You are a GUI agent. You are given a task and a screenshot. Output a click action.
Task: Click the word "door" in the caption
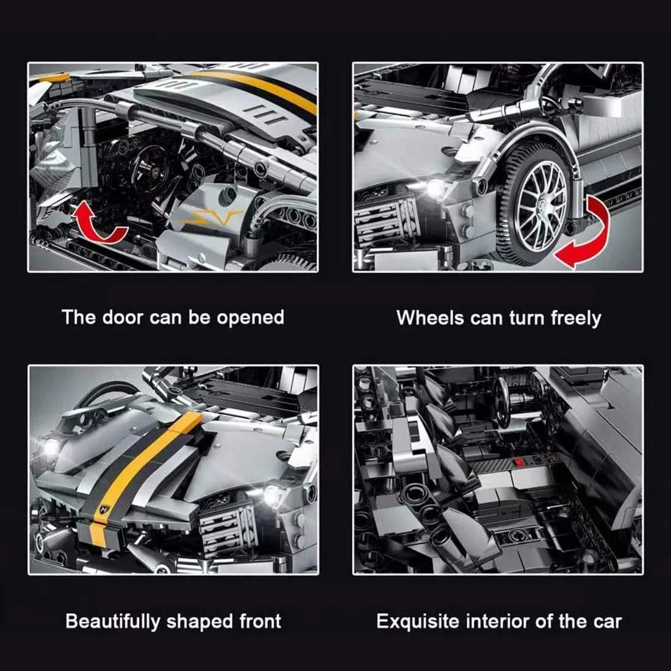point(122,318)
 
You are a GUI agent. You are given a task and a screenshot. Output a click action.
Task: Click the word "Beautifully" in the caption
point(113,622)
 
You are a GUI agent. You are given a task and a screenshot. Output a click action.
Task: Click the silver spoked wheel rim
point(541,206)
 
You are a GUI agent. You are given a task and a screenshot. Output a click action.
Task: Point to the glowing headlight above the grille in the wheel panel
point(435,188)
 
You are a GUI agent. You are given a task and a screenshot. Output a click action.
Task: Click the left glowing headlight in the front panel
point(51,447)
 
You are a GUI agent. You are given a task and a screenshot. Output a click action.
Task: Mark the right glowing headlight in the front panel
point(271,495)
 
